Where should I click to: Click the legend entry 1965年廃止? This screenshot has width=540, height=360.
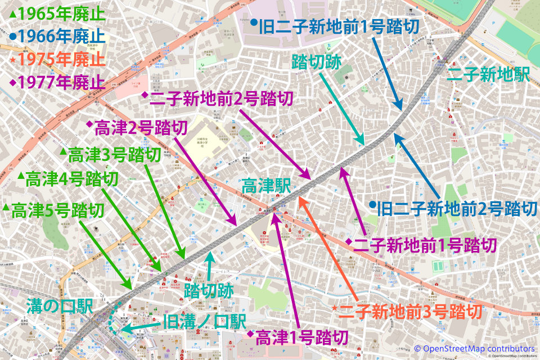(57, 14)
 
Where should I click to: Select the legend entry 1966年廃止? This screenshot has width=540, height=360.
(57, 37)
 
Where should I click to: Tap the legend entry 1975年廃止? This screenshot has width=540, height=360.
(57, 59)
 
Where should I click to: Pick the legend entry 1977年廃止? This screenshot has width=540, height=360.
(57, 82)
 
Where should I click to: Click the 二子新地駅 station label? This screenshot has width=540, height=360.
(487, 75)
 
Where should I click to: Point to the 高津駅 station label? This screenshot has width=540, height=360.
(265, 186)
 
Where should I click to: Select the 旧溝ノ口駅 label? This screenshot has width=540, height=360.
(204, 322)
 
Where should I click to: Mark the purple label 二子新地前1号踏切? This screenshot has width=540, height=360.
(421, 245)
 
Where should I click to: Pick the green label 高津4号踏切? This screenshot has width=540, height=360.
(67, 179)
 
